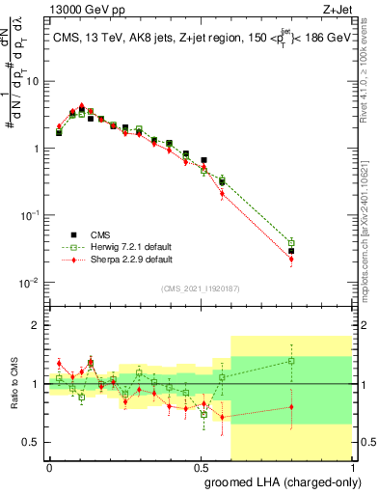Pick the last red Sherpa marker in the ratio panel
tap(290, 407)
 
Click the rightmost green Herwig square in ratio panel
tap(290, 361)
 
